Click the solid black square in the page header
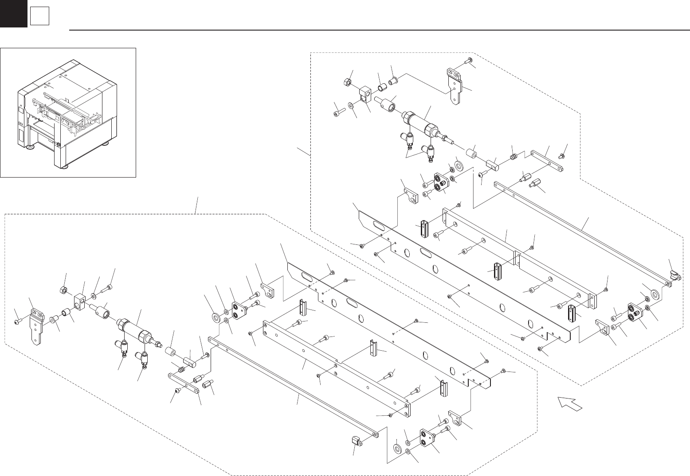tap(13, 13)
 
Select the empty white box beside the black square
tap(39, 17)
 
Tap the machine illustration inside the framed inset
tap(67, 113)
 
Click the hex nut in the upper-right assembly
tap(348, 82)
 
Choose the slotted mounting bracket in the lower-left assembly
tap(35, 328)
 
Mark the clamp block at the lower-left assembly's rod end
tap(355, 441)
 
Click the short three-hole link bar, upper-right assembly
tap(547, 161)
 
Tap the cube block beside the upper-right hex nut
tap(365, 94)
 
